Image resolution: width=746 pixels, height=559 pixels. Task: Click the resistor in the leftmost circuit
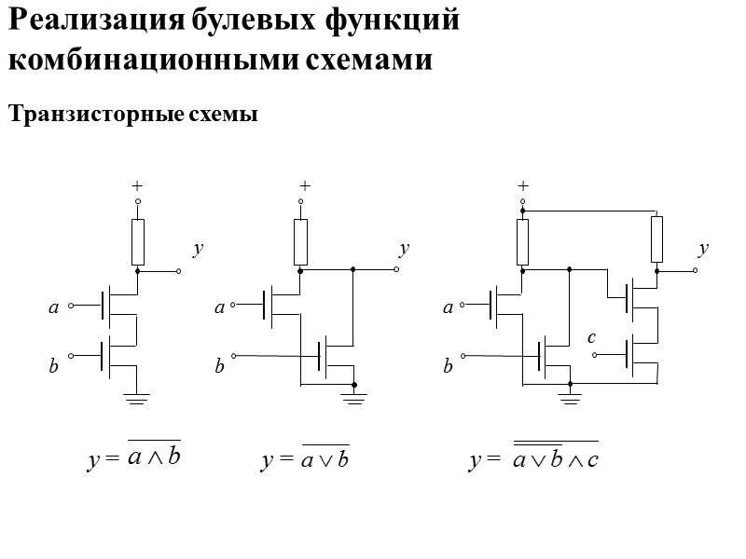pyautogui.click(x=138, y=242)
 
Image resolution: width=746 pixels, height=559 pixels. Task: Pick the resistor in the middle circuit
pyautogui.click(x=300, y=242)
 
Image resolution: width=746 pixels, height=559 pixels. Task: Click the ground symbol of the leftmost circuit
pyautogui.click(x=137, y=399)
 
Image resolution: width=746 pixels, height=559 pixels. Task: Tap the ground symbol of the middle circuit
pyautogui.click(x=354, y=399)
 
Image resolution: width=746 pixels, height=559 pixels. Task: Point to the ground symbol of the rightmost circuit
pyautogui.click(x=569, y=399)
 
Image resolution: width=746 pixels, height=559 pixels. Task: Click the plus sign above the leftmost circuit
pyautogui.click(x=138, y=187)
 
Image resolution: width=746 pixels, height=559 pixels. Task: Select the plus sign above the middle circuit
pyautogui.click(x=303, y=186)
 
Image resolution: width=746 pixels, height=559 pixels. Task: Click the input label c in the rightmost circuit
pyautogui.click(x=591, y=338)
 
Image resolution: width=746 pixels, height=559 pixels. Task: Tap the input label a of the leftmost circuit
pyautogui.click(x=53, y=306)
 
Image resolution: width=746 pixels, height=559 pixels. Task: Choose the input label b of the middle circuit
pyautogui.click(x=219, y=367)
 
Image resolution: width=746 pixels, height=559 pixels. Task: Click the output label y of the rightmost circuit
pyautogui.click(x=703, y=249)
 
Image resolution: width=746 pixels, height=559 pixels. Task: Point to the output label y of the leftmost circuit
pyautogui.click(x=197, y=249)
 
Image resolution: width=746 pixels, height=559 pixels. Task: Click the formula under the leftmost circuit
pyautogui.click(x=134, y=458)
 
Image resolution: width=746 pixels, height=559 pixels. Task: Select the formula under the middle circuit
pyautogui.click(x=305, y=460)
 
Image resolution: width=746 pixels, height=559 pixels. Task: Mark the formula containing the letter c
pyautogui.click(x=533, y=459)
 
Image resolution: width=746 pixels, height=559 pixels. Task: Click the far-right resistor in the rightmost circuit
pyautogui.click(x=656, y=239)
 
